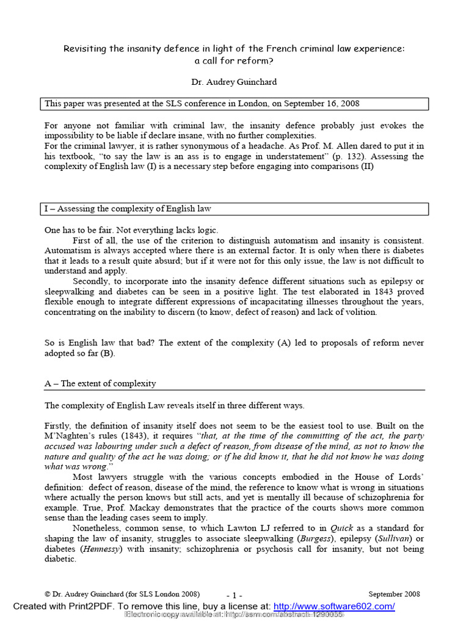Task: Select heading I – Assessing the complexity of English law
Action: [x=128, y=209]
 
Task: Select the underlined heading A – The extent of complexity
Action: [x=100, y=384]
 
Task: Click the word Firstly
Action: [x=58, y=425]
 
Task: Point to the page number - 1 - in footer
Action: [x=234, y=594]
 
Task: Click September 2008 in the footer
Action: [x=394, y=593]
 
